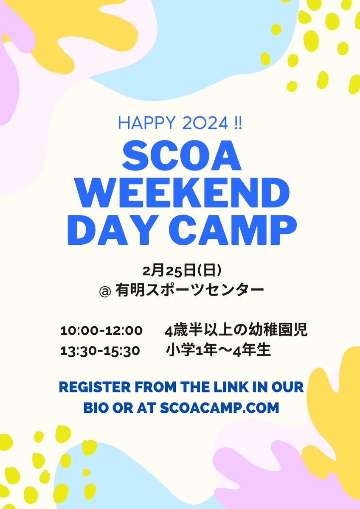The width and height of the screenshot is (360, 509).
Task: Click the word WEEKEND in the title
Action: [180, 193]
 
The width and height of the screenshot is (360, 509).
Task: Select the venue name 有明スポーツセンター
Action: [190, 291]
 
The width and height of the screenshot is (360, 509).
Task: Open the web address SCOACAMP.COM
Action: [220, 408]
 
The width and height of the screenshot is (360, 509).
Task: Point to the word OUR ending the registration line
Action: [289, 387]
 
